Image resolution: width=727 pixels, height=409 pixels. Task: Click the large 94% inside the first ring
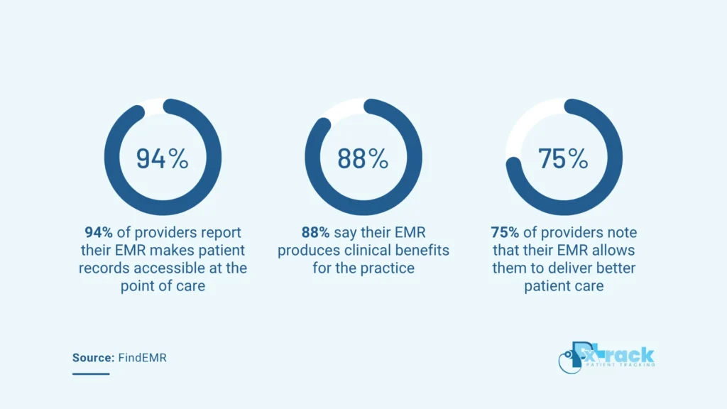(x=163, y=158)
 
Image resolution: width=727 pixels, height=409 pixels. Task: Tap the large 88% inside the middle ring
(x=363, y=158)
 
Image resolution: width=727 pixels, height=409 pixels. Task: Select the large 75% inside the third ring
(x=563, y=158)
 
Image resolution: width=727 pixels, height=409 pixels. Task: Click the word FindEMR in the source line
(x=142, y=358)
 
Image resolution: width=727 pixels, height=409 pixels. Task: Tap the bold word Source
(x=92, y=358)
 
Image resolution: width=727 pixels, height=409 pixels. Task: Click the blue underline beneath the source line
(x=90, y=373)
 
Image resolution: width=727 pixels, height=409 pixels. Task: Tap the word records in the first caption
(x=106, y=268)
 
